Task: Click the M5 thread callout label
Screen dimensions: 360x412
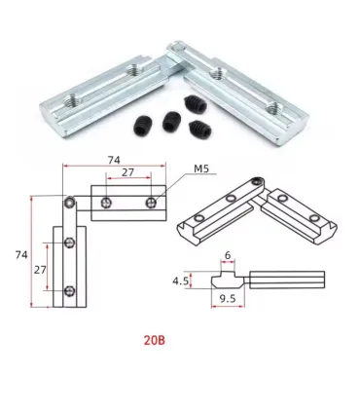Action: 201,169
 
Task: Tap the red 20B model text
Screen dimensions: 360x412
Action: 155,340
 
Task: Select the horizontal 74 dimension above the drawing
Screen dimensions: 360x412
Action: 114,160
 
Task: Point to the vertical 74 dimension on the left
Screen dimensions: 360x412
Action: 21,255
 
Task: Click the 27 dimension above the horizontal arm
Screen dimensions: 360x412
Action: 127,172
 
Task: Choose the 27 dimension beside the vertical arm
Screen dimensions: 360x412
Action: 40,270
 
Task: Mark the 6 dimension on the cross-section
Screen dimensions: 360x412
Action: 228,255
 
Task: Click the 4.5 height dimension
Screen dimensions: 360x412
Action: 180,281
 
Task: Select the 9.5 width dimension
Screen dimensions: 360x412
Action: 228,298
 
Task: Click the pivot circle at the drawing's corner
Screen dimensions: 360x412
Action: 70,203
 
